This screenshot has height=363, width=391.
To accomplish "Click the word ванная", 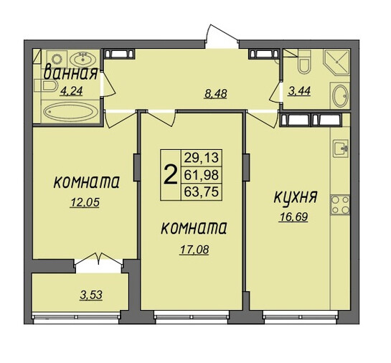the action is (x=70, y=72).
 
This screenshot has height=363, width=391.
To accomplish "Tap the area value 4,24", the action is (x=72, y=91).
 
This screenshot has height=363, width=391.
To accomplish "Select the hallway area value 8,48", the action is (x=216, y=94).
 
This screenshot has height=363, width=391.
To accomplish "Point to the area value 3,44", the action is (x=299, y=91).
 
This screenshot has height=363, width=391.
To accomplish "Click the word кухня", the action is (x=296, y=197).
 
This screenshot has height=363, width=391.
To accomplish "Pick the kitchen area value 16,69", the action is (x=294, y=217).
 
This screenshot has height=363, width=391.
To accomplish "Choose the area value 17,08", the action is (x=194, y=250).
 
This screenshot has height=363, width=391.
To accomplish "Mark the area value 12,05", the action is (x=85, y=202).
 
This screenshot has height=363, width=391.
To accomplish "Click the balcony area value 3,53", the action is (x=91, y=295).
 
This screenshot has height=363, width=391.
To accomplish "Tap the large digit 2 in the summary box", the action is (x=171, y=175).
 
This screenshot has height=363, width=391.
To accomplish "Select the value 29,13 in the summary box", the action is (x=201, y=158).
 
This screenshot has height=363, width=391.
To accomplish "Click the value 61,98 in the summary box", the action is (x=201, y=175).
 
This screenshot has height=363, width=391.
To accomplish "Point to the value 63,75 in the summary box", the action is (x=201, y=192).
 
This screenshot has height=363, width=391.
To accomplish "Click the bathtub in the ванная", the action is (x=71, y=112).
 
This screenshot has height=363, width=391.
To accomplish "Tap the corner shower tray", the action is (x=336, y=62).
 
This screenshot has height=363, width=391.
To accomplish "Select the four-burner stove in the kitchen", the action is (x=340, y=205).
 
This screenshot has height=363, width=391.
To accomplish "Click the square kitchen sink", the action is (x=341, y=148).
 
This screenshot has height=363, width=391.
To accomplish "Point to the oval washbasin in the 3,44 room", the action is (x=340, y=95).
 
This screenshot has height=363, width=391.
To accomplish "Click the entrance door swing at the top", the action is (x=221, y=35).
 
